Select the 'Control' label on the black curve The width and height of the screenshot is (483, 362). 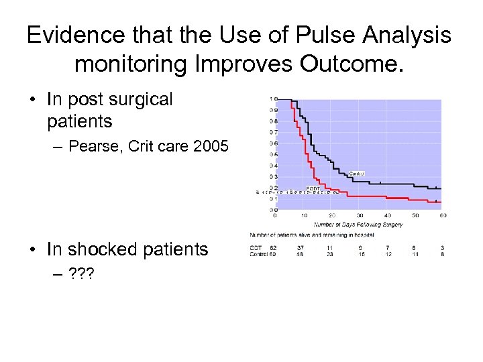[356, 174]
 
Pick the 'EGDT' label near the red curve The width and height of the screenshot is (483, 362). [313, 188]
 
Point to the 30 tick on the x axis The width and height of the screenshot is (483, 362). [359, 215]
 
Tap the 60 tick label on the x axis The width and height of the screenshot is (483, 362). [442, 215]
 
